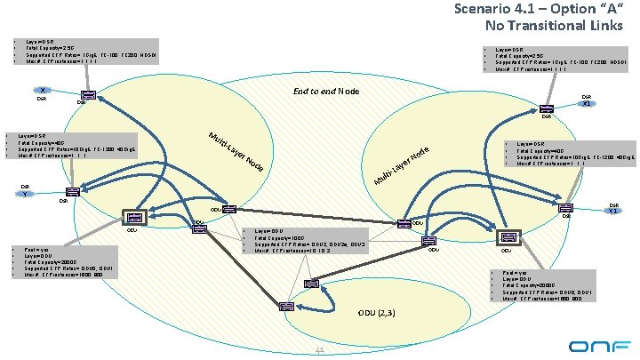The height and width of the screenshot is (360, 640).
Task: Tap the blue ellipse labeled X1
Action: [587, 103]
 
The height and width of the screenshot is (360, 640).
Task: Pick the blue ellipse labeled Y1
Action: [613, 210]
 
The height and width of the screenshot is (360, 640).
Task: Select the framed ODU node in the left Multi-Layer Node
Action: [133, 217]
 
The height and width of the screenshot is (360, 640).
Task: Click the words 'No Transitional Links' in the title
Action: [552, 26]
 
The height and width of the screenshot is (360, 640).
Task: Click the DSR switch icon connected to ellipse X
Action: [89, 97]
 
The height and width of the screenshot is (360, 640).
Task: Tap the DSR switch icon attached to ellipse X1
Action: [547, 108]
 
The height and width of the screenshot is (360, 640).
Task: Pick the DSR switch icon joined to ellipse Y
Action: [72, 192]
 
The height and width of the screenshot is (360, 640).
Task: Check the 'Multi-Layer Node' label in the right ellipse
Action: [404, 167]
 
